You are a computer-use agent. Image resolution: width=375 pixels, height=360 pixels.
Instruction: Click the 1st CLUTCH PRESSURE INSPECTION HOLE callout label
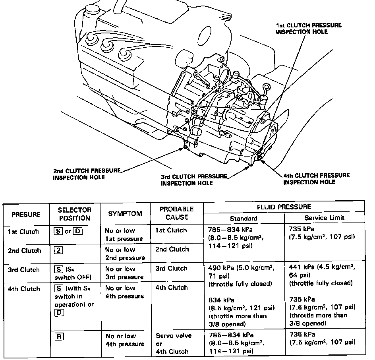(308, 28)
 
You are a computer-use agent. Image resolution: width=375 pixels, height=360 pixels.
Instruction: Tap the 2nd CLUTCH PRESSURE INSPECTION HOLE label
(86, 174)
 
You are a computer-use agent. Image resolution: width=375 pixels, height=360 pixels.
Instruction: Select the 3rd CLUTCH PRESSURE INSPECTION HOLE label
(194, 180)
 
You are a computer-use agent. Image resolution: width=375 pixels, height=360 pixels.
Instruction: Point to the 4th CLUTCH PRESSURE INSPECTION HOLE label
(316, 178)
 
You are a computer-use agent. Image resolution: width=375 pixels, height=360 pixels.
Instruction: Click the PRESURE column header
(26, 215)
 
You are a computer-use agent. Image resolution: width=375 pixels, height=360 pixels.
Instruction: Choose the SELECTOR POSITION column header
(75, 214)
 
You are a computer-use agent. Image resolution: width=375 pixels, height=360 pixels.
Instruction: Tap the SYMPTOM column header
(125, 214)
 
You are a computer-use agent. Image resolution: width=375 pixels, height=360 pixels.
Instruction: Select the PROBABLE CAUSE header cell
(176, 213)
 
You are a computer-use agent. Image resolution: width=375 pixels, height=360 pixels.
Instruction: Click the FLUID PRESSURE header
(284, 207)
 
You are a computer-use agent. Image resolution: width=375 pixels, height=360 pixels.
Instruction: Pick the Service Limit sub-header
(324, 218)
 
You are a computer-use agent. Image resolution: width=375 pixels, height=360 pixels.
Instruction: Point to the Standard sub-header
(244, 218)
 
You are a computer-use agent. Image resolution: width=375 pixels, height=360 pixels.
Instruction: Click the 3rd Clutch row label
(24, 269)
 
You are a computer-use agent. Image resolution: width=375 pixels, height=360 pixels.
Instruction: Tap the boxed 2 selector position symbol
(58, 250)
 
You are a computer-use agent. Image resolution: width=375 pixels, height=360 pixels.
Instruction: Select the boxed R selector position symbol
(58, 336)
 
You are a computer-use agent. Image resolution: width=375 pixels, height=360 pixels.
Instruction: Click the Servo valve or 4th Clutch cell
(173, 343)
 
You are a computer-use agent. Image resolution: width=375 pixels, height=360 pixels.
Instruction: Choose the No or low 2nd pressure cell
(125, 254)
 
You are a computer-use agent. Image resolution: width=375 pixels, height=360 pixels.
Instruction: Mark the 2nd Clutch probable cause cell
(172, 250)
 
